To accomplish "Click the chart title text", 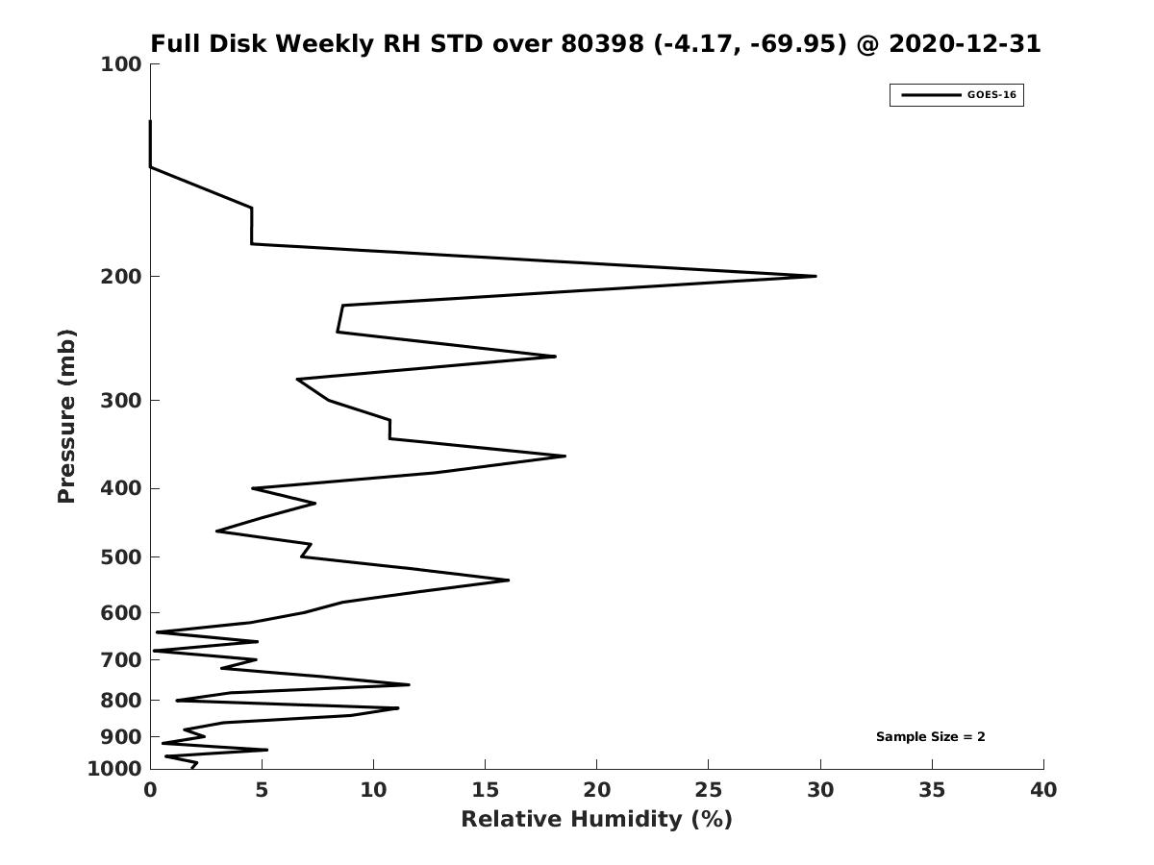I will pos(595,44).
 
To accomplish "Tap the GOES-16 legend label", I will pos(991,95).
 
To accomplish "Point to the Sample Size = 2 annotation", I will pos(930,737).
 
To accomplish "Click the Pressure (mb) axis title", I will pos(66,416).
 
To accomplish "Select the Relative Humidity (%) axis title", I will pos(596,820).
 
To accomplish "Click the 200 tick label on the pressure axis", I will pos(121,277).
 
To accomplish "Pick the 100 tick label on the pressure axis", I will pos(121,64).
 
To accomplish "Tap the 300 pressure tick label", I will pos(121,401).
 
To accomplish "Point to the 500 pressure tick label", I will pos(121,557).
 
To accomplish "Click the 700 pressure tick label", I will pos(121,660).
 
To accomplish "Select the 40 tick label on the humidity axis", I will pos(1043,791).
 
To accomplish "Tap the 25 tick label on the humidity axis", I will pos(709,791).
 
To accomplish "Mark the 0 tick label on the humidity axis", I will pos(150,791).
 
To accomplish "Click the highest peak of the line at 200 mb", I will pos(815,276).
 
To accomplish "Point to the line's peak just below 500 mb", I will pos(508,580).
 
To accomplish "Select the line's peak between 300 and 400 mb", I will pos(564,456).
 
